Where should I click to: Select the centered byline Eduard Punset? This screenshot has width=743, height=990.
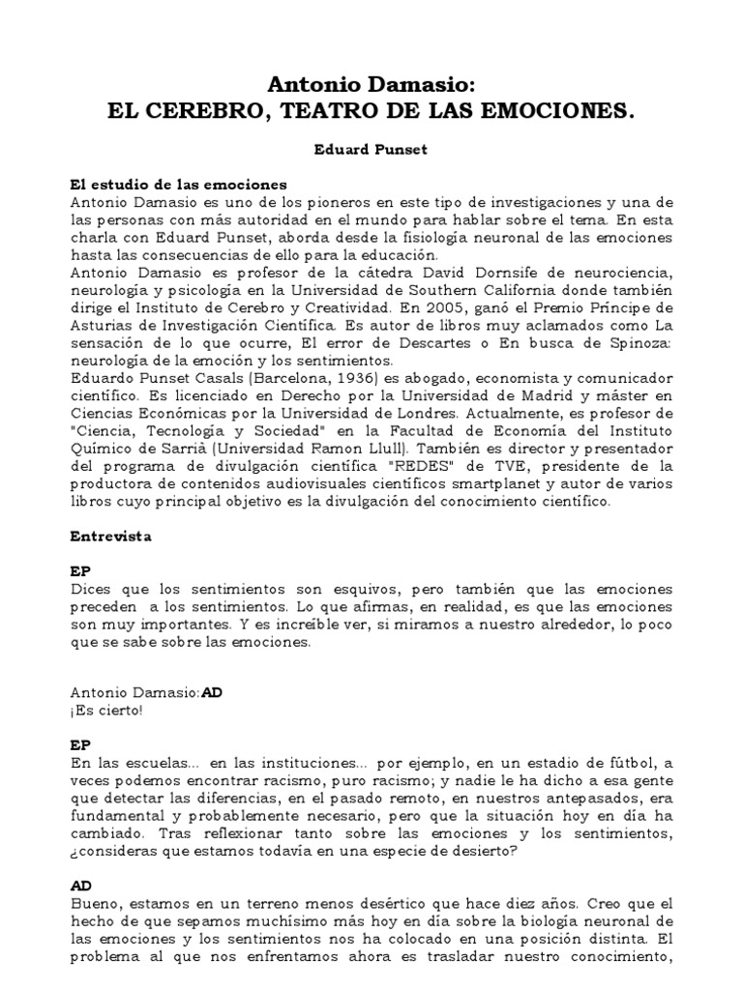[371, 152]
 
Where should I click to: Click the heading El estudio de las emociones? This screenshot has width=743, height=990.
[179, 184]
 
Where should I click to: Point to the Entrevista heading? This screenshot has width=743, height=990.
[110, 533]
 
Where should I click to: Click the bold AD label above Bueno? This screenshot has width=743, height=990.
[80, 884]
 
